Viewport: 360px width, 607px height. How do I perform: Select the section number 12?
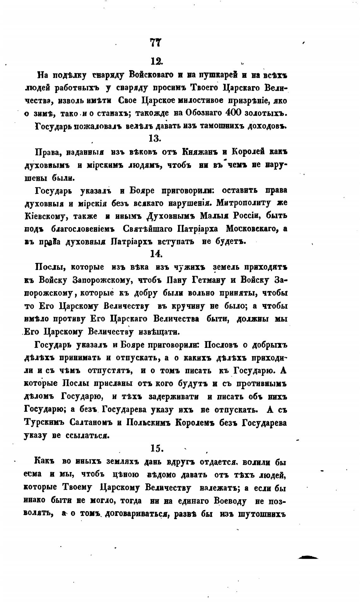click(x=156, y=61)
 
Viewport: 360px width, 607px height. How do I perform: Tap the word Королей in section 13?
click(x=247, y=152)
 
